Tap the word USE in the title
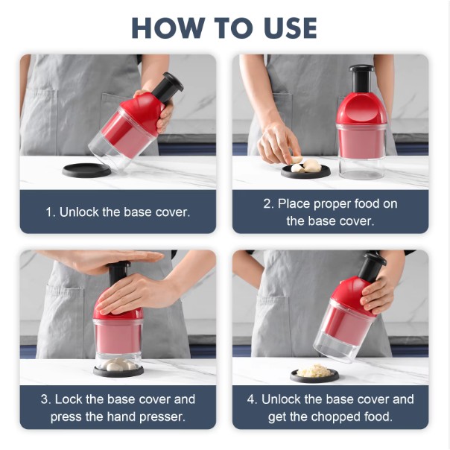tap(290, 28)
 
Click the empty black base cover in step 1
tap(86, 170)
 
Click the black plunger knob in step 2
tap(361, 69)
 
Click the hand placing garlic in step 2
tap(277, 144)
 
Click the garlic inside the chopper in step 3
tap(118, 365)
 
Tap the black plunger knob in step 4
tap(374, 259)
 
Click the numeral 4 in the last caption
tap(250, 399)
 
